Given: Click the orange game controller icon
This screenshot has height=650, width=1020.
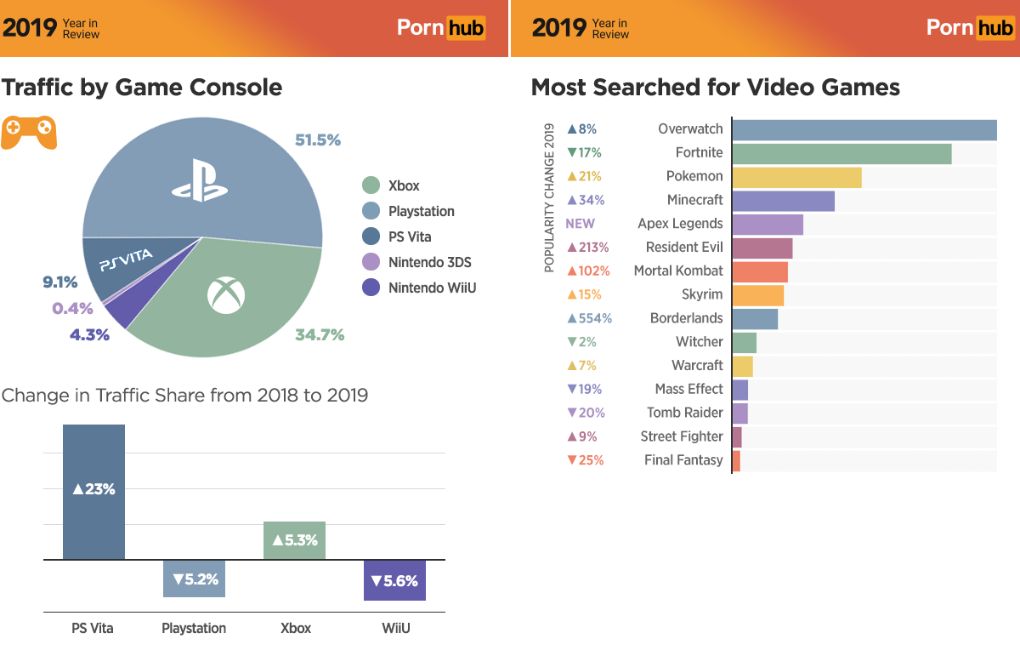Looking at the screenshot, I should click(x=28, y=132).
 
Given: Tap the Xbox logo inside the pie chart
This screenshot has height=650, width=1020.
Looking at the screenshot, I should click(x=225, y=295).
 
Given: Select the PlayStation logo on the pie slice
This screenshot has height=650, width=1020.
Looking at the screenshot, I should click(x=200, y=180).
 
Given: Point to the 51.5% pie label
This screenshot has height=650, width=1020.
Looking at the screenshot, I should click(x=318, y=140).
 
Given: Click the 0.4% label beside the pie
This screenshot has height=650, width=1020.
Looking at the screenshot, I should click(x=72, y=308).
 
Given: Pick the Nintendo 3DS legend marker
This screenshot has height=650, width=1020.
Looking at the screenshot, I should click(x=371, y=262).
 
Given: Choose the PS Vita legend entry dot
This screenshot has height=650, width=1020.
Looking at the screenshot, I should click(x=371, y=237).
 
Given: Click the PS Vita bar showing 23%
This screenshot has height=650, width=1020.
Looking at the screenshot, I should click(x=93, y=492).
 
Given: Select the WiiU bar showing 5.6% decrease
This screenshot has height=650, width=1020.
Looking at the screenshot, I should click(x=394, y=580).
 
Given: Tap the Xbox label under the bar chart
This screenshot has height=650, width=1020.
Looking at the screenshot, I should click(x=296, y=629).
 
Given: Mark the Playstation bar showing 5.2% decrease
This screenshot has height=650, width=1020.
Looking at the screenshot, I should click(x=194, y=579).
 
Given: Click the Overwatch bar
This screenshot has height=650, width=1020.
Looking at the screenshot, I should click(x=864, y=129).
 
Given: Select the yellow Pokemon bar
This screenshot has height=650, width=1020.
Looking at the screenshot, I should click(x=796, y=177).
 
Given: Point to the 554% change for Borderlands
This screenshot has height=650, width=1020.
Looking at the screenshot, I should click(x=589, y=318).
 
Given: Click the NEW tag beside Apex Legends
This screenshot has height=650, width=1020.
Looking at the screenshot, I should click(x=580, y=224).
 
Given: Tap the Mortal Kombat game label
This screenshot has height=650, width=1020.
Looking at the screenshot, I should click(x=678, y=271).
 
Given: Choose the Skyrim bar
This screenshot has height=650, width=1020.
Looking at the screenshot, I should click(x=757, y=294).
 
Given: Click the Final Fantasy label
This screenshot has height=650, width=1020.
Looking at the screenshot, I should click(x=683, y=460).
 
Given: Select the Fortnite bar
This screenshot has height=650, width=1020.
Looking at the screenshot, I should click(x=841, y=153).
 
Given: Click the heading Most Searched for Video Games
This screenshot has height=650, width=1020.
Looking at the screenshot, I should click(x=715, y=88).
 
